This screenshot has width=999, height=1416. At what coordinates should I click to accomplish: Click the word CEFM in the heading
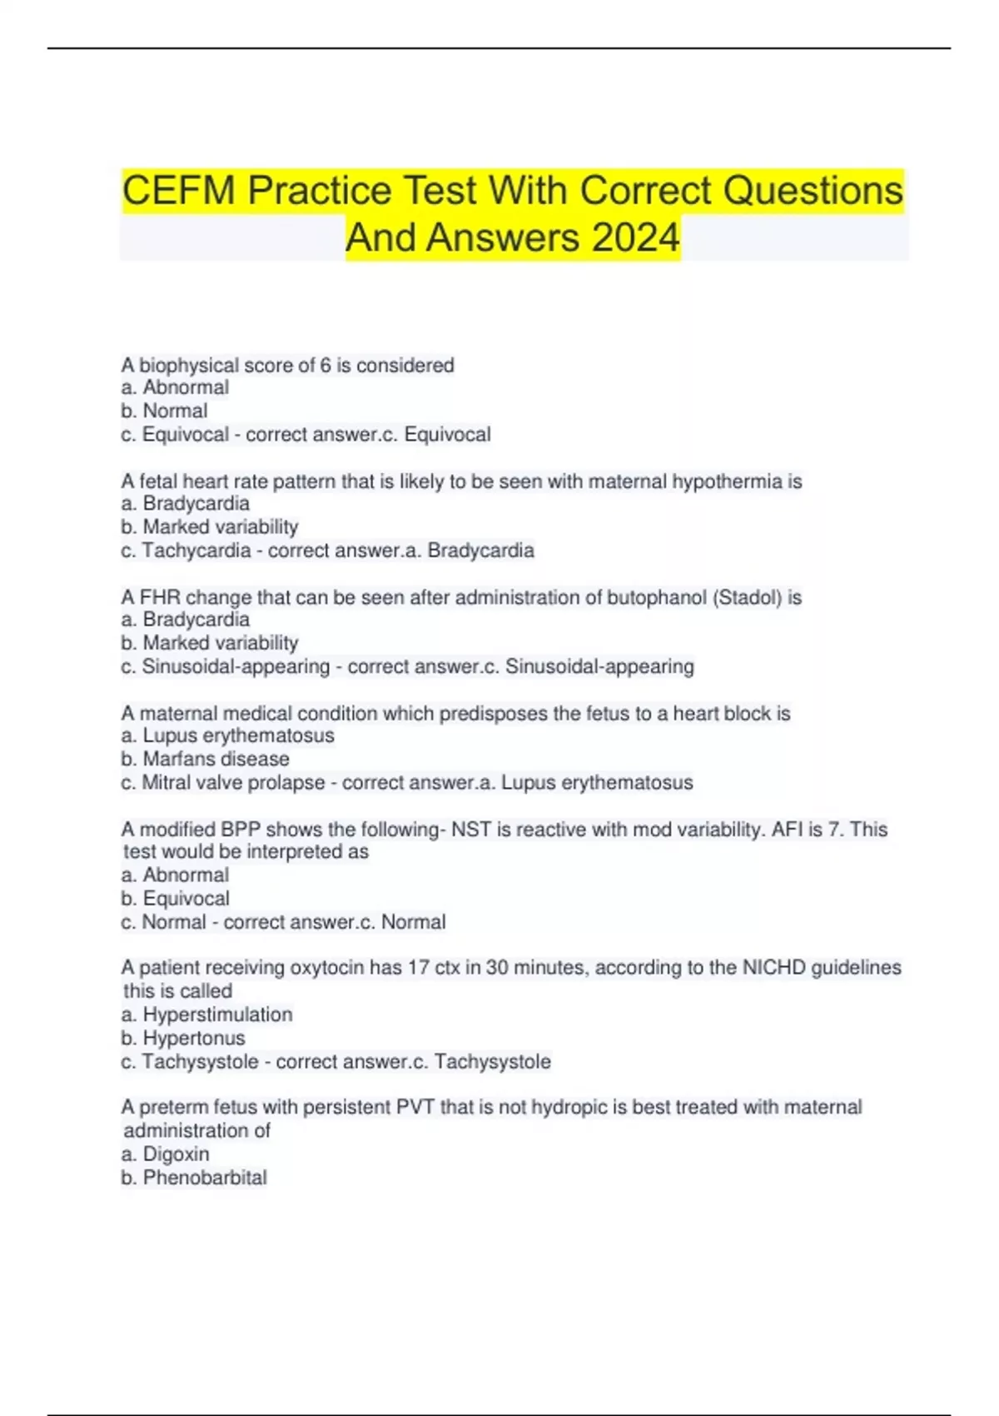click(179, 191)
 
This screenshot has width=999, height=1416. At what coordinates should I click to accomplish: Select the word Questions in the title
click(813, 191)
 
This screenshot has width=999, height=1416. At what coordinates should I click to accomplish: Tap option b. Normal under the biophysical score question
click(164, 411)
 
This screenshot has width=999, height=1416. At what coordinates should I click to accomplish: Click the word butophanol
click(657, 597)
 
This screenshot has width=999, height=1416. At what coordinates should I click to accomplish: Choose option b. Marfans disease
click(205, 759)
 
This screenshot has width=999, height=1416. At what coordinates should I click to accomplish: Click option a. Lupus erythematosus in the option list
click(227, 735)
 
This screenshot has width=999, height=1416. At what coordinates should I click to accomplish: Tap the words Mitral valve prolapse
click(233, 782)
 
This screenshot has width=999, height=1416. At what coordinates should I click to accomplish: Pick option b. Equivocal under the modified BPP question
click(175, 899)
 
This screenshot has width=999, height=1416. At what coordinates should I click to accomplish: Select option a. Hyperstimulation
click(206, 1015)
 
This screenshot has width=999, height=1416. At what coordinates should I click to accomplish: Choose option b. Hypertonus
click(183, 1038)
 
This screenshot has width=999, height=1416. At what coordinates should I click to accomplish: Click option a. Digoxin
click(165, 1154)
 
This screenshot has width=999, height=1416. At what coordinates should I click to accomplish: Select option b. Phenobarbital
click(194, 1177)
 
